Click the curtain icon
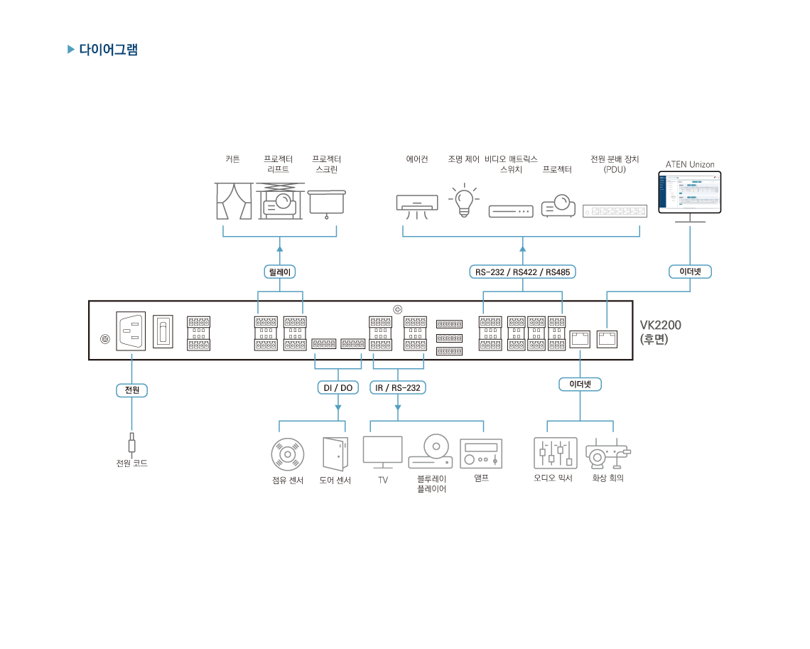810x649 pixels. point(233,201)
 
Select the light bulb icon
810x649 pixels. point(464,200)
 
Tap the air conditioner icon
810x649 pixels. point(416,203)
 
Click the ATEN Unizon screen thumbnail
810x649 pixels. point(690,192)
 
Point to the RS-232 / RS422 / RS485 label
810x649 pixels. point(523,272)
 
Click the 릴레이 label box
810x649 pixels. point(279,272)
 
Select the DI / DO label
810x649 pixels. point(337,387)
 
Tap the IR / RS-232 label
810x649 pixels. point(397,387)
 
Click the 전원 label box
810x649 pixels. point(131,390)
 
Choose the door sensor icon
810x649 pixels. point(335,453)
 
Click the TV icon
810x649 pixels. point(382,452)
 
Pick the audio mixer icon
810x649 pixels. point(555,453)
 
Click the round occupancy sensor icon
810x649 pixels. point(288,454)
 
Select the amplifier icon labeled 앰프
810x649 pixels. point(481,453)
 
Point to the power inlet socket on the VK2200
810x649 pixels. point(131,331)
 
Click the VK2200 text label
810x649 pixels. point(660,326)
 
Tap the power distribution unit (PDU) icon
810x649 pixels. point(615,210)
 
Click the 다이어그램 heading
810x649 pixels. point(108,50)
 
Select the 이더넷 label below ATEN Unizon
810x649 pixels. point(690,272)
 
